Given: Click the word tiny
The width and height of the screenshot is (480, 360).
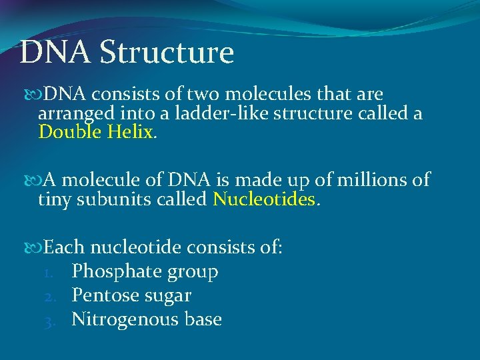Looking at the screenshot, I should tap(54, 199).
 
